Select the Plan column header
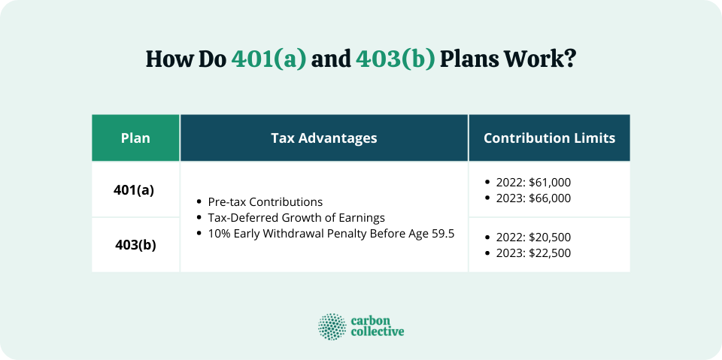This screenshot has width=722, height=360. [135, 138]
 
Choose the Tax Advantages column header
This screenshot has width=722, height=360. [324, 138]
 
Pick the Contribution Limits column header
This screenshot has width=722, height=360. [549, 138]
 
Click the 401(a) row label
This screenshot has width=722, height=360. [134, 189]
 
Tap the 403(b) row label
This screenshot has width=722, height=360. [135, 244]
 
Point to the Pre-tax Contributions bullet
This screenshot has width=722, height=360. [265, 202]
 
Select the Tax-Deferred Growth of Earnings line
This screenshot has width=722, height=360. [296, 218]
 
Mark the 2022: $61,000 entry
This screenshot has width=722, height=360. [533, 183]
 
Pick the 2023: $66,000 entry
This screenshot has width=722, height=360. [533, 198]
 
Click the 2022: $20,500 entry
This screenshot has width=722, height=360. [533, 237]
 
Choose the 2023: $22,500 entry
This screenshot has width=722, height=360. [533, 253]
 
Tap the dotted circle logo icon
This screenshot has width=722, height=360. [332, 326]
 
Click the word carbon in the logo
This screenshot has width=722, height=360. [371, 319]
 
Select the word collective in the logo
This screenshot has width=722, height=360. [377, 332]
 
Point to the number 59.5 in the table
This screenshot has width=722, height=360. [441, 234]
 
